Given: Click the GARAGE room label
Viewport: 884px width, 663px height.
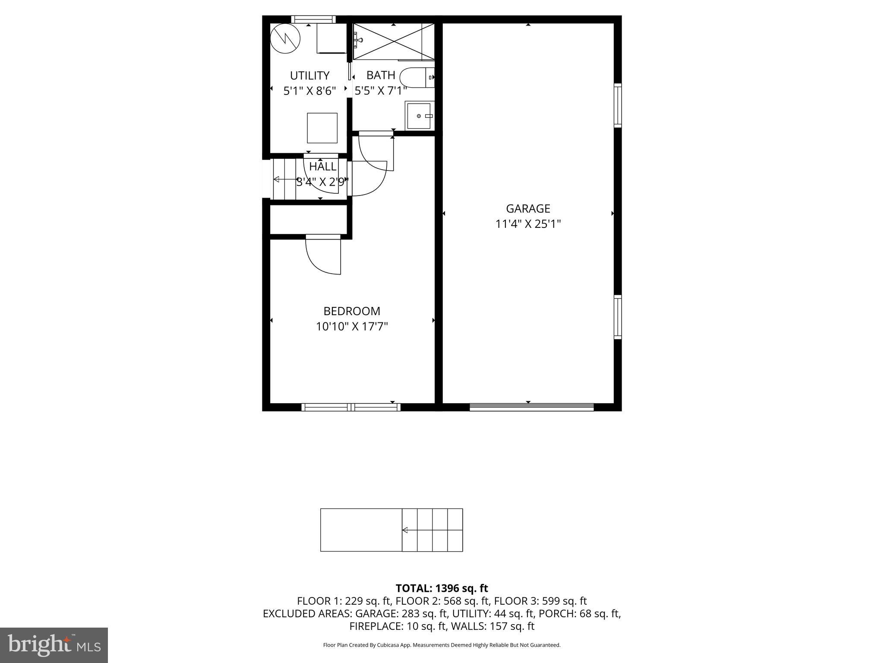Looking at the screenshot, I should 528,209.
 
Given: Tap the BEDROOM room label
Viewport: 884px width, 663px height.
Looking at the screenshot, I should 352,311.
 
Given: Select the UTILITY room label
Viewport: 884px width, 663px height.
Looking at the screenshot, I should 309,76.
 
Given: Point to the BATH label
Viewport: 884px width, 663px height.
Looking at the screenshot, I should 381,76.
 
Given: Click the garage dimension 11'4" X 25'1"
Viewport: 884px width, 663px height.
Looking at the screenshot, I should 528,224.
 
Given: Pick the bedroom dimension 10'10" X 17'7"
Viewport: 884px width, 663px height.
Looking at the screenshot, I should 352,327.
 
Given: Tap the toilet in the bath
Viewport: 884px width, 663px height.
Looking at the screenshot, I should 417,78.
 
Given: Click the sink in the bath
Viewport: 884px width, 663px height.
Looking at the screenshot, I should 419,116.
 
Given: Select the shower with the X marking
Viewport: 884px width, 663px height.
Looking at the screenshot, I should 394,41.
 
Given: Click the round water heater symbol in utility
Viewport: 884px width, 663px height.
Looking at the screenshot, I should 285,38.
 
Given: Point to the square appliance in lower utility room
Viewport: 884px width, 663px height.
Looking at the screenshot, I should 322,128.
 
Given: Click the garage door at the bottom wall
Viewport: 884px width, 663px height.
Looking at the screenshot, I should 531,407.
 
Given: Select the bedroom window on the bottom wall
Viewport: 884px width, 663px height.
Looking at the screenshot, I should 351,407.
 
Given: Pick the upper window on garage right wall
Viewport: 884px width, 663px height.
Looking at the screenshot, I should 618,105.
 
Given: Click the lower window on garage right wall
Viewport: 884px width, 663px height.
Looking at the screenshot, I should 618,317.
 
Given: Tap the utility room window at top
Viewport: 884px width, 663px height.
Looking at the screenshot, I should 313,19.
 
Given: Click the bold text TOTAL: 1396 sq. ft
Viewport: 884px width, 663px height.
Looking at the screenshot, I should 442,588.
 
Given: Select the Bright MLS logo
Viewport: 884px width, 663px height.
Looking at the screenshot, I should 54,645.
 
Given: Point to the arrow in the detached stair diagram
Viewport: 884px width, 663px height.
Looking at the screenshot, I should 406,530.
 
